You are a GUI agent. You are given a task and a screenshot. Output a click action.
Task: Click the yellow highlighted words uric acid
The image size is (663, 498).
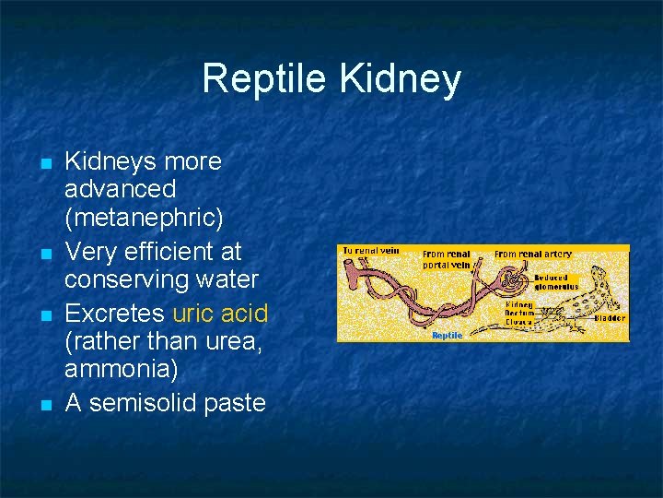pyautogui.click(x=220, y=314)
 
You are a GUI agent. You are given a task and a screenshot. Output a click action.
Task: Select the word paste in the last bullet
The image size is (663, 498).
pyautogui.click(x=234, y=402)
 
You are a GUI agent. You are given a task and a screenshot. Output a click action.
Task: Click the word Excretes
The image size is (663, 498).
pyautogui.click(x=115, y=314)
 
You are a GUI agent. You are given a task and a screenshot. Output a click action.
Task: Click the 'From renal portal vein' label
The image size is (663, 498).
pyautogui.click(x=446, y=259)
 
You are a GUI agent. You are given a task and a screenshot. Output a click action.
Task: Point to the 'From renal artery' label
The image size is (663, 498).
pyautogui.click(x=532, y=254)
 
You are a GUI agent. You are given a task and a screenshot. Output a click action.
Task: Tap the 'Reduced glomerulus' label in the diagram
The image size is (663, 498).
pyautogui.click(x=555, y=281)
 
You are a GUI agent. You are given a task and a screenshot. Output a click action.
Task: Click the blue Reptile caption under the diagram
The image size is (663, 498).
pyautogui.click(x=447, y=336)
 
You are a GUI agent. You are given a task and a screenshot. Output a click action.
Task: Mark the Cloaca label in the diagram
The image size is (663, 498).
pyautogui.click(x=519, y=322)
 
